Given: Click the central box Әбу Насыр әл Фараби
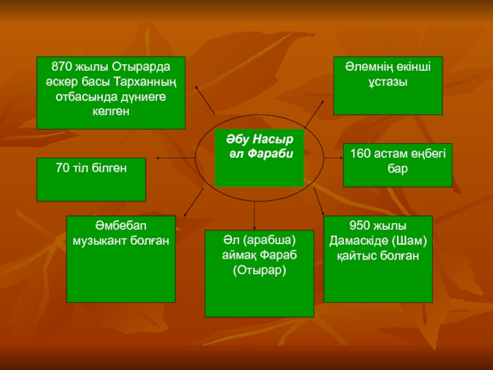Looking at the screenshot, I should (259, 158).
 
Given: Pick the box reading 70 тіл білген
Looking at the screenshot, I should (91, 179).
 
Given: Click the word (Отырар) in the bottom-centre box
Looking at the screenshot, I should (259, 269).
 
